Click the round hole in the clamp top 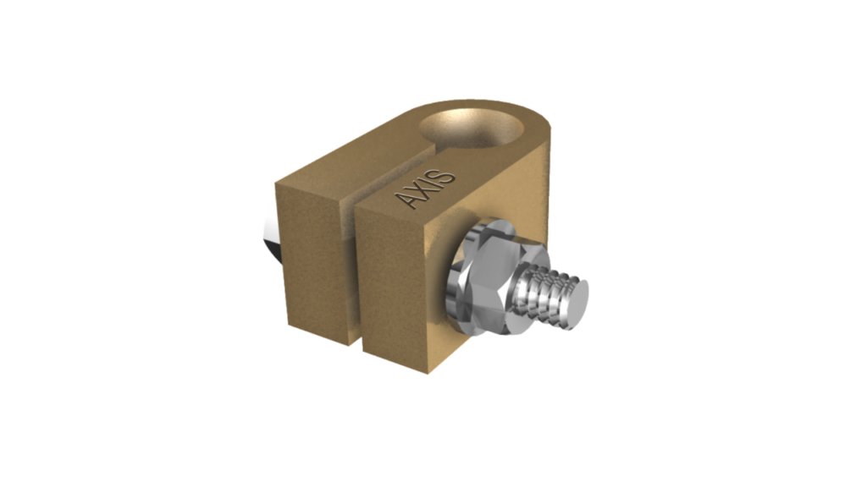click(x=471, y=129)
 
